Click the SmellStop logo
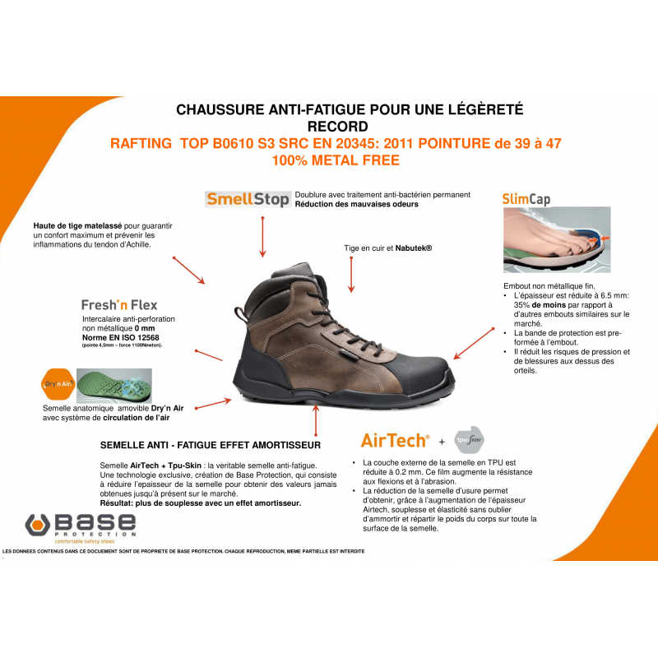coord(247,199)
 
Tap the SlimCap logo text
coord(526,199)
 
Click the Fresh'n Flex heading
coord(119,304)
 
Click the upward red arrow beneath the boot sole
coord(315,422)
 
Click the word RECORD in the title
coord(337,126)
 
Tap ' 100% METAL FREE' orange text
coord(336,160)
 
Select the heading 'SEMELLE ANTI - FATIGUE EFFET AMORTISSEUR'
coord(209,445)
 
